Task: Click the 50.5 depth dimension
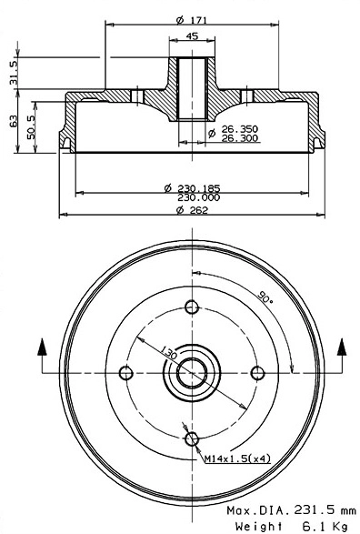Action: click(x=34, y=125)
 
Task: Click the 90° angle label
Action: click(x=265, y=297)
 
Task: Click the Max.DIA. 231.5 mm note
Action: click(x=291, y=511)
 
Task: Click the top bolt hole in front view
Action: click(x=192, y=305)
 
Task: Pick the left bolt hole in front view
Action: click(x=127, y=370)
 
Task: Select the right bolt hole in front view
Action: click(x=257, y=370)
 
